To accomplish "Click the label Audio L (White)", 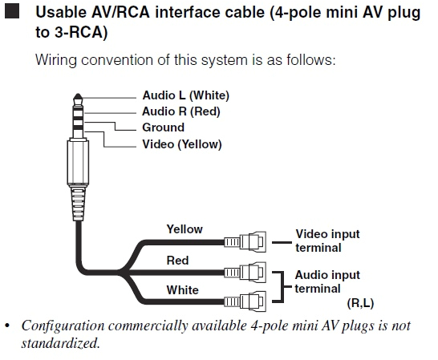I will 185,96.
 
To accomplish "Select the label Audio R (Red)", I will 180,111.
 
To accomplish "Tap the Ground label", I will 163,127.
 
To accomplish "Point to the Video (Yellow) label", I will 181,144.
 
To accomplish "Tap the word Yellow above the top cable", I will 185,229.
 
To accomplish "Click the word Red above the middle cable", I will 177,260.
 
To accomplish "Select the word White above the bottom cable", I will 181,289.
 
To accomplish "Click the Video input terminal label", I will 327,241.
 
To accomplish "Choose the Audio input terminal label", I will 327,281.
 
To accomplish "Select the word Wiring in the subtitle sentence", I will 55,61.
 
